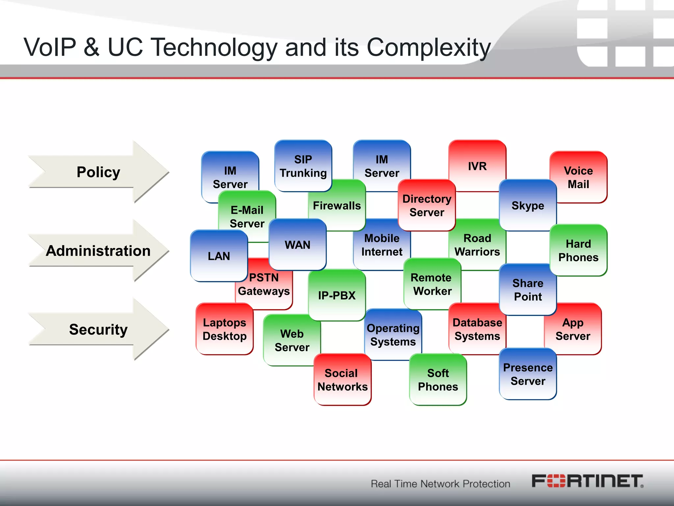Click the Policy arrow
pos(98,172)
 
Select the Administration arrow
pos(98,251)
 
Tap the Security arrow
pos(98,329)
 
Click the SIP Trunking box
pos(303,166)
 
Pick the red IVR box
pos(477,166)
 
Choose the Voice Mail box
pos(578,177)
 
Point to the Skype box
pos(528,206)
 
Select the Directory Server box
pos(427,206)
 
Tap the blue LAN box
pos(219,256)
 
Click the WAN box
pos(298,245)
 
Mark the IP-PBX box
pos(337,295)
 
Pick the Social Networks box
pos(342,379)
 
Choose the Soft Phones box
pos(438,379)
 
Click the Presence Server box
pos(528,374)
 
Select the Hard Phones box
pos(578,250)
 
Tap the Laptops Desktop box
pos(224,329)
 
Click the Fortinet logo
pos(587,481)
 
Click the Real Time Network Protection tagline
pos(440,484)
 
